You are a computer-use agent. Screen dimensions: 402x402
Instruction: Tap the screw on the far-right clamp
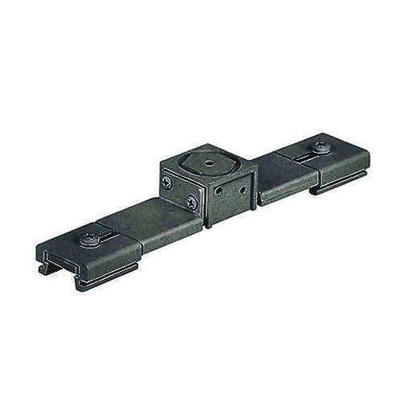(x=322, y=148)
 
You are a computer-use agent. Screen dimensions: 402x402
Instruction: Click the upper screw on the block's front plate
(x=168, y=183)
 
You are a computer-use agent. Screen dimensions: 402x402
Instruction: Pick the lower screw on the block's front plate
(x=191, y=203)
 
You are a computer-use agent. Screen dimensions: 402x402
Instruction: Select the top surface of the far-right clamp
(x=342, y=161)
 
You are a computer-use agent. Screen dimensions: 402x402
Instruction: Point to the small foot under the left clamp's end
(x=80, y=283)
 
